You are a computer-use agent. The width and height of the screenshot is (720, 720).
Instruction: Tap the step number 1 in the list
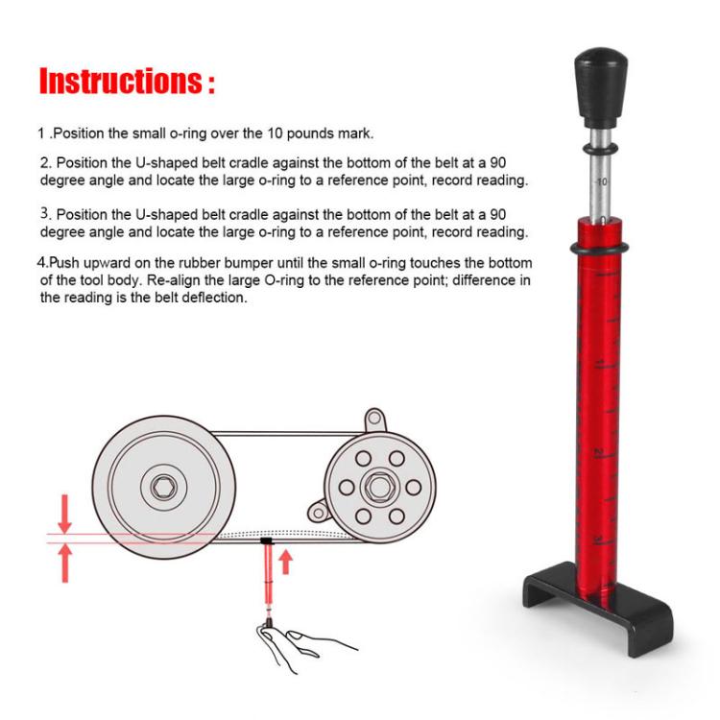[41, 132]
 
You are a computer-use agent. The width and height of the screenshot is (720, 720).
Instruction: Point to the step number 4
[41, 263]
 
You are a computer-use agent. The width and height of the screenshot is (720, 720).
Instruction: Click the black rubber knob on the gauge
[597, 86]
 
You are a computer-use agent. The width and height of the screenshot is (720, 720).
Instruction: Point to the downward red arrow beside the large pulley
[64, 514]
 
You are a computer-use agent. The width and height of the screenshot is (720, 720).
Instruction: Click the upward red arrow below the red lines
[64, 563]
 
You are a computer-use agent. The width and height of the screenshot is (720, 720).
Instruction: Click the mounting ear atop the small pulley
[372, 423]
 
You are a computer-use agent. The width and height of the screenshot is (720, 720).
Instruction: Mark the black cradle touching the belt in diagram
[266, 543]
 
